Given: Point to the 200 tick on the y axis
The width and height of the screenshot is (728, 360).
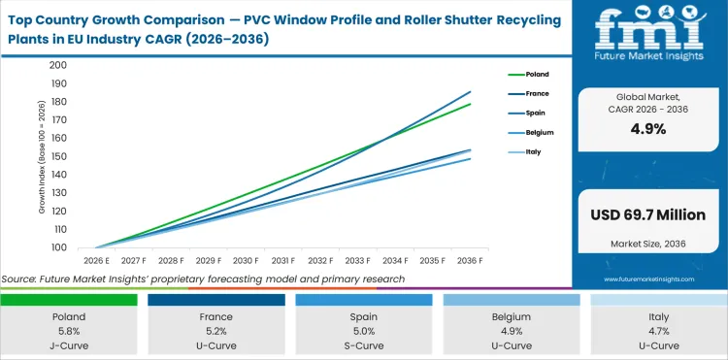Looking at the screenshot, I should coord(57,65).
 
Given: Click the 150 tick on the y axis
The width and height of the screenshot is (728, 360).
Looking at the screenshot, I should coord(57,156).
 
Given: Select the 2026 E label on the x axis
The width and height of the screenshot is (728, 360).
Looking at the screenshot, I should coord(95,261).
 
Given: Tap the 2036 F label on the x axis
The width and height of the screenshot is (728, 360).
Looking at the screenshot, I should coord(471,261).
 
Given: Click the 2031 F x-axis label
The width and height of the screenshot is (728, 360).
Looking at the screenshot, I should coord(282,261).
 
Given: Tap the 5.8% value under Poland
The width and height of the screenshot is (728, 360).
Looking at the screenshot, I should coord(69,330).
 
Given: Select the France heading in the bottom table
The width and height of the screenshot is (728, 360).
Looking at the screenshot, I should coord(216,316).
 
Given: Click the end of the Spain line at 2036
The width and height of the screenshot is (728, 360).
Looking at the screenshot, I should coord(471,92).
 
